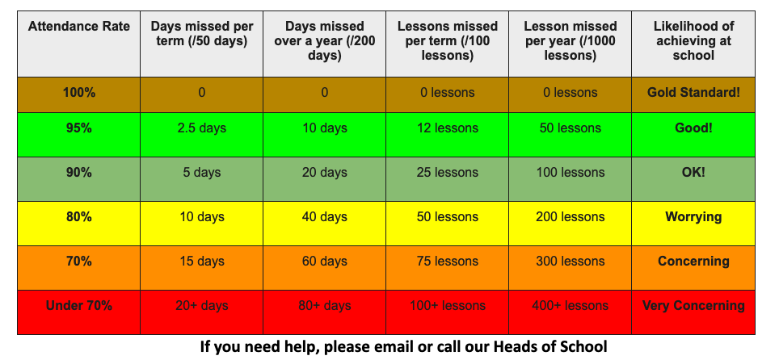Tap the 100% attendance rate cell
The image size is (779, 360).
[79, 92]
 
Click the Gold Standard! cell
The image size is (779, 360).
[693, 92]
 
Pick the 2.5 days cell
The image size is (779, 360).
[202, 128]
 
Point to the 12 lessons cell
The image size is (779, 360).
[447, 128]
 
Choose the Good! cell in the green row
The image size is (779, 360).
[693, 128]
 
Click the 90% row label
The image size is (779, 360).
[79, 172]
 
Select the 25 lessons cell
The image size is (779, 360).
[447, 172]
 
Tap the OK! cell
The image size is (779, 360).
[693, 172]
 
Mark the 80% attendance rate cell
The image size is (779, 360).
[79, 217]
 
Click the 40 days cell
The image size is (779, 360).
[324, 217]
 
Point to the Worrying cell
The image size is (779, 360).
[693, 217]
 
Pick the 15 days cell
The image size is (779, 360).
[202, 262]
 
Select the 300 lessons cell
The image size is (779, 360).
[571, 262]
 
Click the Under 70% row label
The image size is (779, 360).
[79, 305]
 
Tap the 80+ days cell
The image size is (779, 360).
[324, 305]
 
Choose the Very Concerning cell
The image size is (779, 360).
[693, 305]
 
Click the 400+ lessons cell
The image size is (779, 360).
[571, 305]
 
